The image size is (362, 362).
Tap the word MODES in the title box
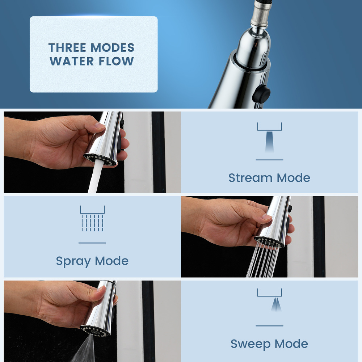[113, 48]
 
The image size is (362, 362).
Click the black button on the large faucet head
[261, 94]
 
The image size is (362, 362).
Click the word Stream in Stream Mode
[250, 178]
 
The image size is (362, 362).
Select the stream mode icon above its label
[269, 138]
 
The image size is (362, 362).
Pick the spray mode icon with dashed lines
[92, 219]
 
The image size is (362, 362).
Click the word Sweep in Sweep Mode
[249, 344]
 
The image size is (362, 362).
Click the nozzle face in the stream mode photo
[100, 160]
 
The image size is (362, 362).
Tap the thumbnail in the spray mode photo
[267, 217]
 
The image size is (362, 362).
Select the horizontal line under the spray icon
[92, 243]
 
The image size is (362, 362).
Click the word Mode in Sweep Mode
[291, 344]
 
